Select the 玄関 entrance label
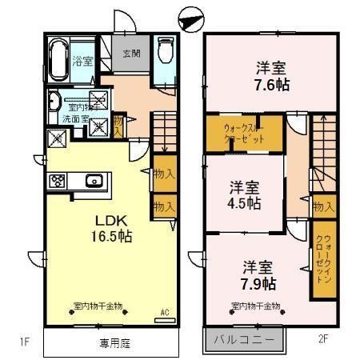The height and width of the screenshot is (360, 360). tap(130, 54)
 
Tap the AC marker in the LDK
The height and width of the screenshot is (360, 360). tap(165, 311)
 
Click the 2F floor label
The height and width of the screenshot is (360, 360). tap(323, 338)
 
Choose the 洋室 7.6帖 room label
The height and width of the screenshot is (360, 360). tap(271, 75)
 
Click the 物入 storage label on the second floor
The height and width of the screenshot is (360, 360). tap(322, 207)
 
